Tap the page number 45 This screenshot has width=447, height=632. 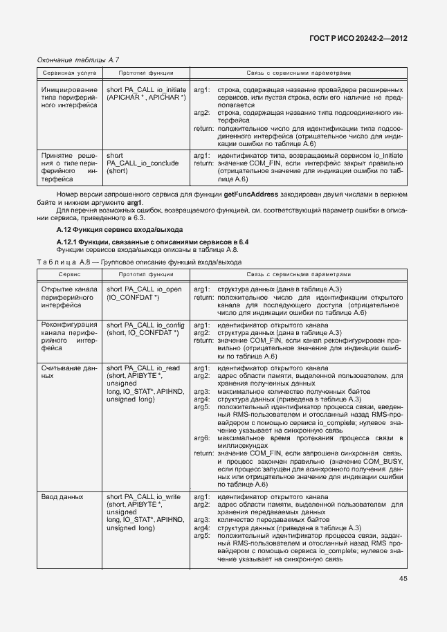(x=403, y=598)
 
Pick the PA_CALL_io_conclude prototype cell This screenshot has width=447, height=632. (x=143, y=163)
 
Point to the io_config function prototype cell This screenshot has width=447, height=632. (x=145, y=328)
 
